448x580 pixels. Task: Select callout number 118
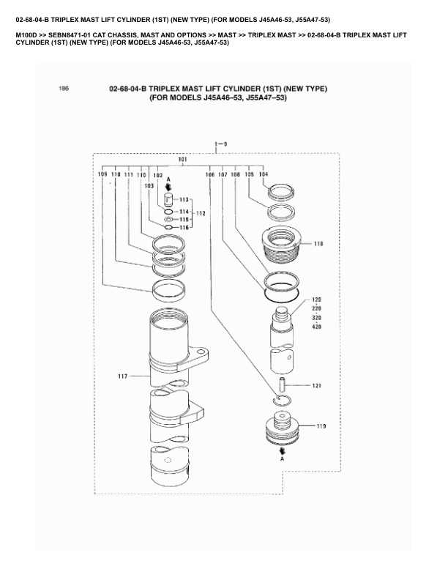click(318, 243)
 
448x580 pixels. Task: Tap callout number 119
click(321, 425)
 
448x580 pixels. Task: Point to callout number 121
click(317, 385)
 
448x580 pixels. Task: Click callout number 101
click(182, 159)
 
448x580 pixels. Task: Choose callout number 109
click(102, 175)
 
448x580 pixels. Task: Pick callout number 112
click(201, 213)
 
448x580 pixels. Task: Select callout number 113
click(184, 199)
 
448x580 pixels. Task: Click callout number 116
click(184, 228)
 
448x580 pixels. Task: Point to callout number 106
click(210, 175)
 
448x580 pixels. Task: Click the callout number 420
click(317, 327)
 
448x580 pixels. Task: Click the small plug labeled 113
click(168, 198)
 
